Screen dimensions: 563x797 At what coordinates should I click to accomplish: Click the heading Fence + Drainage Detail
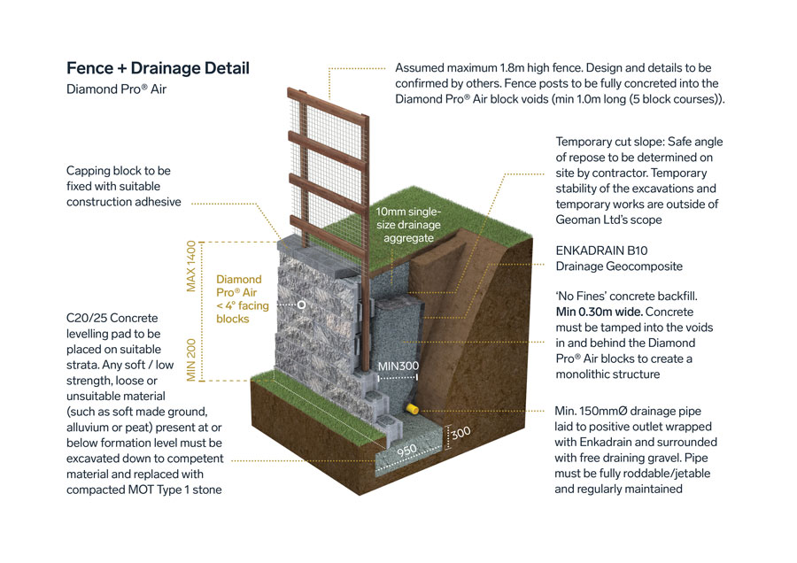tap(158, 68)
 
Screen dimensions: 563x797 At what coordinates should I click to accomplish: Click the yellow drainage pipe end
tap(412, 410)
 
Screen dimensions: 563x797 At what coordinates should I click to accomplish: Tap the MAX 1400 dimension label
tap(189, 265)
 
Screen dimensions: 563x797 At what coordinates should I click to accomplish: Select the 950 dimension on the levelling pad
tap(406, 450)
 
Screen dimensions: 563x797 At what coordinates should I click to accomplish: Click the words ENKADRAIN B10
tap(600, 251)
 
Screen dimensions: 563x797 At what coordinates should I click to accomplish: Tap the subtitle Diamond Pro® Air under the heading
tap(116, 89)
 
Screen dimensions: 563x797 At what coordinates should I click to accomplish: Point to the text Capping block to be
tap(119, 170)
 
